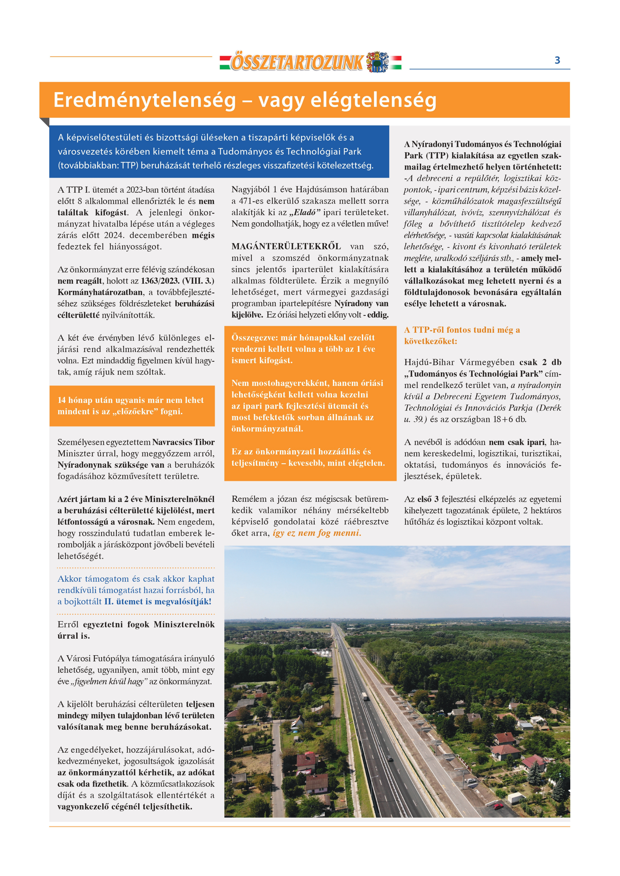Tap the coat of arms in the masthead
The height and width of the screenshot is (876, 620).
tap(377, 62)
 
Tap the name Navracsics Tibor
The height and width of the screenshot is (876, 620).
tap(183, 442)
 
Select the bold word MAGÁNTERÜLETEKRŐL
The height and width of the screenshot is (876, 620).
tap(286, 246)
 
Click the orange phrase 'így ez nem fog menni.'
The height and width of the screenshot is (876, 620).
tap(317, 533)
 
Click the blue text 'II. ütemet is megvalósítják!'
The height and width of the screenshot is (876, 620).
tap(158, 602)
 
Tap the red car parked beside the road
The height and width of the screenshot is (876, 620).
tap(498, 806)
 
